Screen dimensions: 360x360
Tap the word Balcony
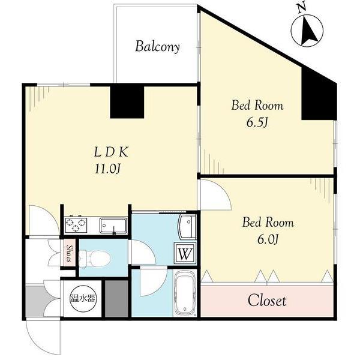click(157, 47)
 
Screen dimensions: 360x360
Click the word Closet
click(268, 300)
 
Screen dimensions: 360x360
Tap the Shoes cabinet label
click(70, 253)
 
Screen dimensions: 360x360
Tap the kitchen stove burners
click(77, 226)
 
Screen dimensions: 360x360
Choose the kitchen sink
click(112, 226)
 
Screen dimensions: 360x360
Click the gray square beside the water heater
click(116, 298)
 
